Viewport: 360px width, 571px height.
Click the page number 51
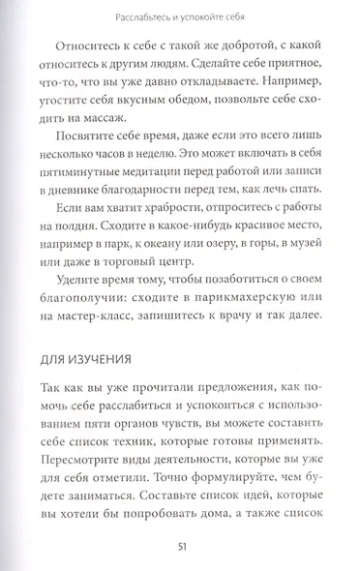tap(180, 549)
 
